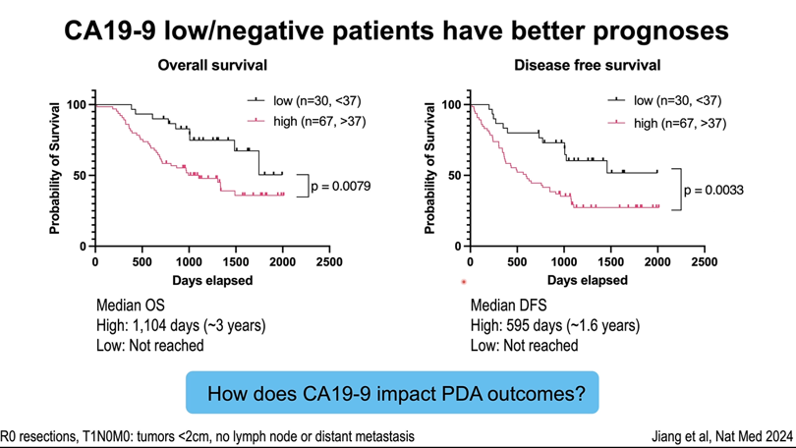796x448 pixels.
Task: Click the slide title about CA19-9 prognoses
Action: point(397,30)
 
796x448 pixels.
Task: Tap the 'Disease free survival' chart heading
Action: point(587,66)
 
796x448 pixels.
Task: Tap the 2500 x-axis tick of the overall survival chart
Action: point(329,263)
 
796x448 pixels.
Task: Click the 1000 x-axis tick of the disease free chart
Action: point(564,263)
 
